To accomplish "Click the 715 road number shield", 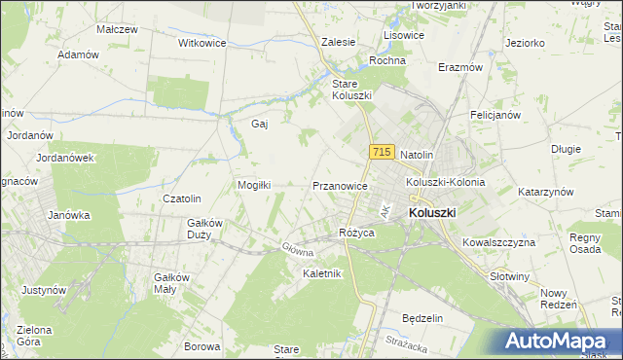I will click(x=382, y=153).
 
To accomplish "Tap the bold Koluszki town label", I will click(x=432, y=212).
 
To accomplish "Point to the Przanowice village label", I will click(x=340, y=185).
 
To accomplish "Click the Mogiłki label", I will click(x=253, y=184).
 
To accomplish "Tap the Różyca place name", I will click(x=357, y=233).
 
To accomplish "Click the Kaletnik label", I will click(x=322, y=273).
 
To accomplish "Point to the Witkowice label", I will click(x=202, y=44).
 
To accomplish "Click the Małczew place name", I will click(x=117, y=29).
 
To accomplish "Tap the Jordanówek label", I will click(x=64, y=158).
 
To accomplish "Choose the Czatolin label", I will click(x=181, y=199).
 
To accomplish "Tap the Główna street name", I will click(x=298, y=250).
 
